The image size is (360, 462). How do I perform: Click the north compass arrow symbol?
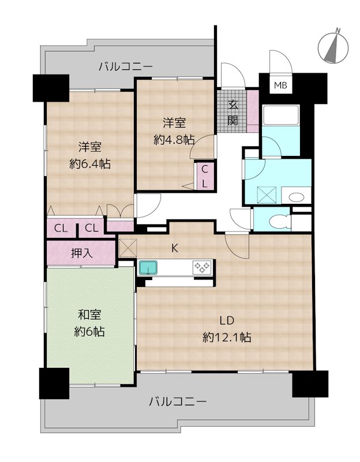[x=332, y=46]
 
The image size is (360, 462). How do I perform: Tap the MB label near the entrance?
[x=280, y=85]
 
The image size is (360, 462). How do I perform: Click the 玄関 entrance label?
[x=233, y=113]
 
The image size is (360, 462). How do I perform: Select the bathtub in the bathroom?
[x=279, y=122]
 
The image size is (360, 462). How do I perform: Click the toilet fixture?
[x=279, y=220]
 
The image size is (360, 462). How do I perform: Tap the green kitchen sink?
[x=149, y=267]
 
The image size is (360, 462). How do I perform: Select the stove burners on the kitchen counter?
[x=202, y=267]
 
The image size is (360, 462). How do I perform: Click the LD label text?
[x=226, y=321]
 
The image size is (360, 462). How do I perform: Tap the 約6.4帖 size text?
[x=90, y=163]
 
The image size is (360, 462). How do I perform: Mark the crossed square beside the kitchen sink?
[x=127, y=248]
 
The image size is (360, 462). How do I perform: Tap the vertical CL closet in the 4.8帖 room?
[x=205, y=176]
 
